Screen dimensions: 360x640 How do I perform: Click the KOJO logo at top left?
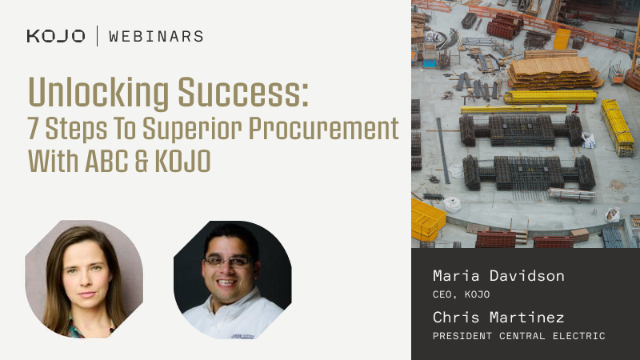click(55, 36)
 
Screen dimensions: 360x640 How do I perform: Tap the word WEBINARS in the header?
click(156, 36)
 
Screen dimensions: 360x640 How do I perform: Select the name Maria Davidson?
click(498, 276)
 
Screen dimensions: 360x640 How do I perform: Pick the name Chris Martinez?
click(498, 318)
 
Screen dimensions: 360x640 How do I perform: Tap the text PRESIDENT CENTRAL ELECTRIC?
click(518, 336)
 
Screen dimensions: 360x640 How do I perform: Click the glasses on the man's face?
click(228, 262)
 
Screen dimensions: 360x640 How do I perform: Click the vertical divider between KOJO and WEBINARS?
click(97, 36)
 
